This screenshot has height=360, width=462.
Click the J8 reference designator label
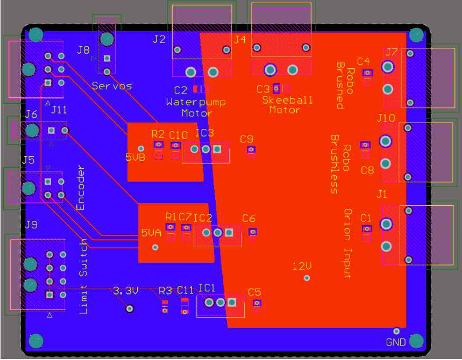(83, 50)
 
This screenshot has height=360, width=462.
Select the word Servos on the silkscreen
(112, 85)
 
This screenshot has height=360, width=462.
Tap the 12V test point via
(307, 278)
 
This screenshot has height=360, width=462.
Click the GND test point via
(396, 331)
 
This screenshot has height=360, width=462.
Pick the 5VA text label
(151, 233)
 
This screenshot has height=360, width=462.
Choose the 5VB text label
(135, 157)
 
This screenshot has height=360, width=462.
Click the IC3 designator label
(204, 133)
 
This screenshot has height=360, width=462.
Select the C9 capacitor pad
(251, 149)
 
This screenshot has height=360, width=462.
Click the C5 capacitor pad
(257, 304)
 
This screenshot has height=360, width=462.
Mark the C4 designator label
(364, 61)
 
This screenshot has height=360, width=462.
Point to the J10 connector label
(386, 117)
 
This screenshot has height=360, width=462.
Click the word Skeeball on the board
(287, 100)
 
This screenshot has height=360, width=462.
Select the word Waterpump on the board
(196, 102)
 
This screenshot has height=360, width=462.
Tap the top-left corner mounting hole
(35, 35)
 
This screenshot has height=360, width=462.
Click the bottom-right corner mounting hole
(417, 341)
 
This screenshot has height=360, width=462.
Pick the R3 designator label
(165, 291)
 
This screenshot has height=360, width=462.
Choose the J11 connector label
(59, 110)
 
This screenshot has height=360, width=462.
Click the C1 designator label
(366, 218)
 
